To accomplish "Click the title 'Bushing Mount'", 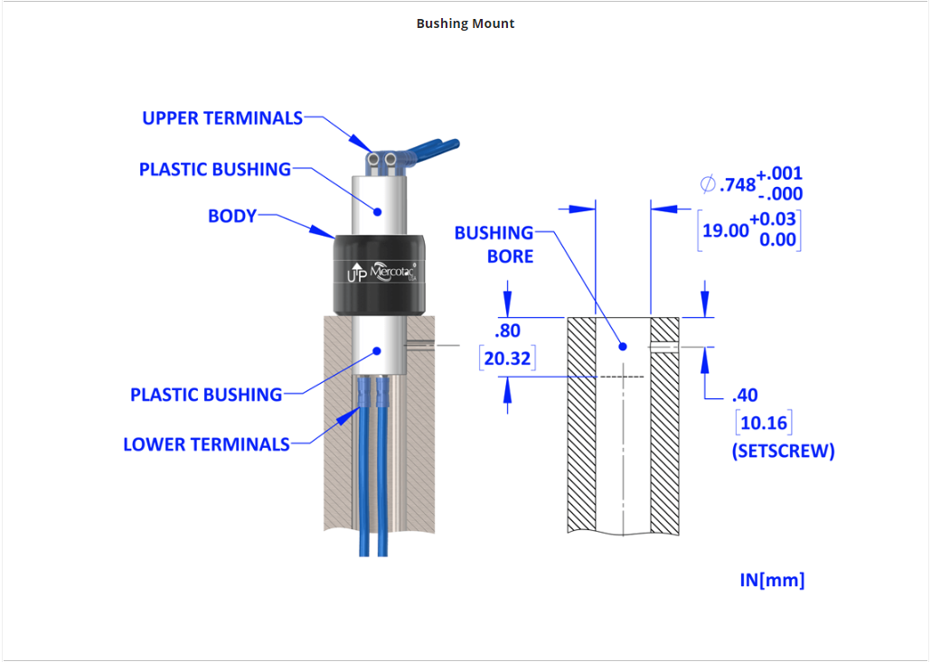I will coord(465,23).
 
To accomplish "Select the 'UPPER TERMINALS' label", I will coord(222,118).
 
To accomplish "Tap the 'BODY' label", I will coord(232,216).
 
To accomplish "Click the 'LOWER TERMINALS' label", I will coord(207,444).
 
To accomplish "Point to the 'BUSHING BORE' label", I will coord(494,244).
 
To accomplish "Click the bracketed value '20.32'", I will coord(507,359).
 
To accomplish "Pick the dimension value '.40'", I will coord(745,395).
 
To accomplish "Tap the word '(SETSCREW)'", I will coord(783,451).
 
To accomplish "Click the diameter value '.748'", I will coord(738,185).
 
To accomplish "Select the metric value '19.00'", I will coord(727,230).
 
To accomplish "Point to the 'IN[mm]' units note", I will coord(772,580).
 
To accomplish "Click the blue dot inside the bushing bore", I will coord(623,346).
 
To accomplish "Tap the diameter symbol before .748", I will coord(707,184).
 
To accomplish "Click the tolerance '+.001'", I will coord(779,173).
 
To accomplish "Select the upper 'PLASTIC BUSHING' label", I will coord(215,169).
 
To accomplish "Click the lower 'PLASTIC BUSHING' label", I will coord(206,395).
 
